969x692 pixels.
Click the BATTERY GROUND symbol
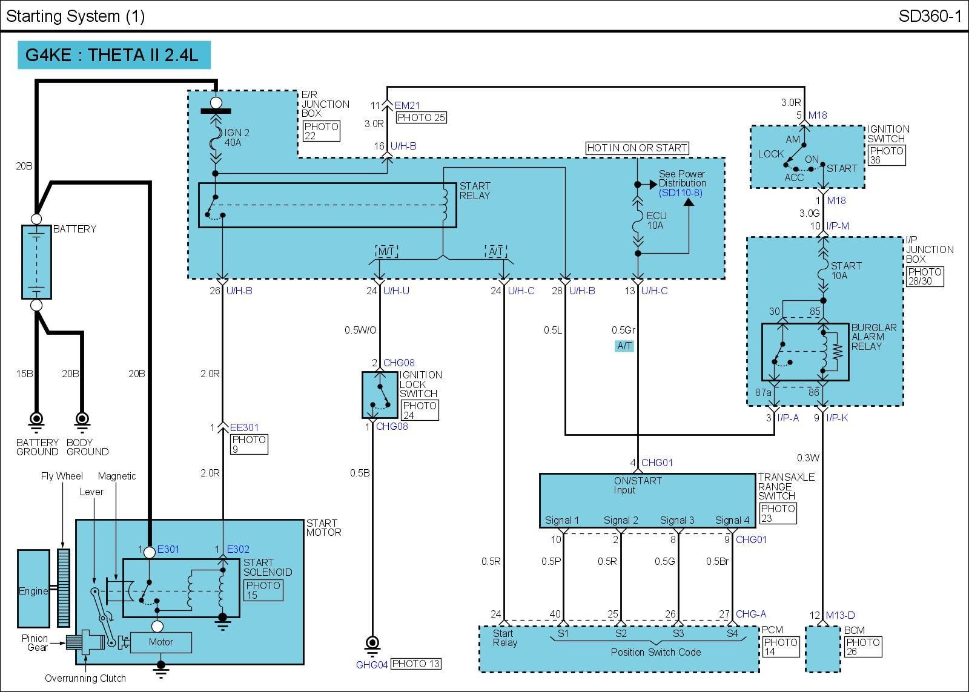(36, 419)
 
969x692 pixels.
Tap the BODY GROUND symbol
(82, 419)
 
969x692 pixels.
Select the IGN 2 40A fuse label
(237, 137)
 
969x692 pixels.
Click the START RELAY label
(475, 191)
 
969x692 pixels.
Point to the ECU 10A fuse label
(656, 220)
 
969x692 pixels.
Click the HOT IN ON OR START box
(637, 148)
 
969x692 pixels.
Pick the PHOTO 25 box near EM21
(422, 117)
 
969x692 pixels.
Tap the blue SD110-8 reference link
(681, 193)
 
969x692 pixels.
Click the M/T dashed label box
(386, 251)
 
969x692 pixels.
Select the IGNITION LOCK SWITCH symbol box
(380, 395)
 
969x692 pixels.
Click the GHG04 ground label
(371, 664)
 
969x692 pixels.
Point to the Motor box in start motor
(161, 642)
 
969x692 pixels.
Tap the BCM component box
(823, 649)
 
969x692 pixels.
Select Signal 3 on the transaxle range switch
(677, 520)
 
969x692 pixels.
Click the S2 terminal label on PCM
(620, 633)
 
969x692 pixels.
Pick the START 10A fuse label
(845, 271)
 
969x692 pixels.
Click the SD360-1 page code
(930, 16)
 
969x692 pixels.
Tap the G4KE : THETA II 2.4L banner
(114, 55)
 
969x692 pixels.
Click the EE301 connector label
(244, 427)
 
